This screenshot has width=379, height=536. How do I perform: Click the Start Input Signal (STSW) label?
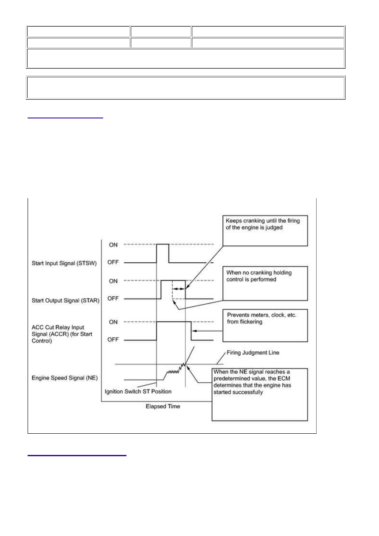coord(64,263)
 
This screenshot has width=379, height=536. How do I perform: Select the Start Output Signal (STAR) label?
coord(65,300)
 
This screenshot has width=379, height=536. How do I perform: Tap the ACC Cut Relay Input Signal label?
coord(62,334)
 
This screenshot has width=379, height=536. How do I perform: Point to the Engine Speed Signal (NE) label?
coord(65,378)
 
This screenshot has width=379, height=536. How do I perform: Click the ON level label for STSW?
coord(113,245)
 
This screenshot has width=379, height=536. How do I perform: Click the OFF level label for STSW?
coord(113,262)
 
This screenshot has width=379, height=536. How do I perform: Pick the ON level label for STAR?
coord(113,281)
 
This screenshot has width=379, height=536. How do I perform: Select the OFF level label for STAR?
coord(113,298)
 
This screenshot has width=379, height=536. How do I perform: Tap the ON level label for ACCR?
coord(113,322)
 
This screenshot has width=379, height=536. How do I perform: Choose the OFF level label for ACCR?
coord(113,340)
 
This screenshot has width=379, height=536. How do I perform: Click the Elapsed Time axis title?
coord(163,406)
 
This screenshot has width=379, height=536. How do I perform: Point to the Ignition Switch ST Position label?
coord(138,391)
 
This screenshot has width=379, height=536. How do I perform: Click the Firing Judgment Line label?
coord(253,353)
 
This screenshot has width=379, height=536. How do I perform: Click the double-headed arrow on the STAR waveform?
coord(179,289)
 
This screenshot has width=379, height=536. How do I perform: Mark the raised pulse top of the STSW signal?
coord(163,244)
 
